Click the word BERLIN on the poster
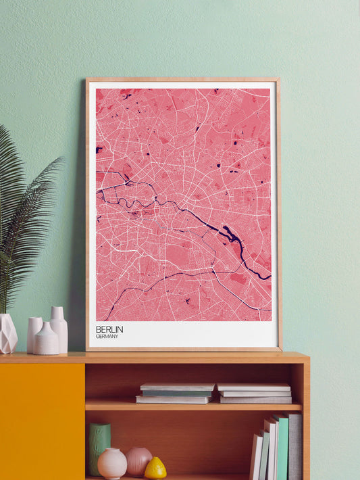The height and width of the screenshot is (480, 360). pos(109,329)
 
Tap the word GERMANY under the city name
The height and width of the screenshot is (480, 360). pos(108,337)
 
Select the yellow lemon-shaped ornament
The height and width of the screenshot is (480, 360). pos(155,468)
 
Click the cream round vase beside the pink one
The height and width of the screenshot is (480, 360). pos(112,463)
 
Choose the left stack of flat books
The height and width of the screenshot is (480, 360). pos(176,393)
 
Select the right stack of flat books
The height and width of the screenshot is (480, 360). pos(255,393)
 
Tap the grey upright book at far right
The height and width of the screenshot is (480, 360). pos(295,447)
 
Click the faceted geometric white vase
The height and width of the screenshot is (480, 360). pos(7,334)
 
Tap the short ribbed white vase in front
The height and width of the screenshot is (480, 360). pos(47,339)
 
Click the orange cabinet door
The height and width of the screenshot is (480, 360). pos(42,420)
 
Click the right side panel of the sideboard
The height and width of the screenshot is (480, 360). pos(305,419)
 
